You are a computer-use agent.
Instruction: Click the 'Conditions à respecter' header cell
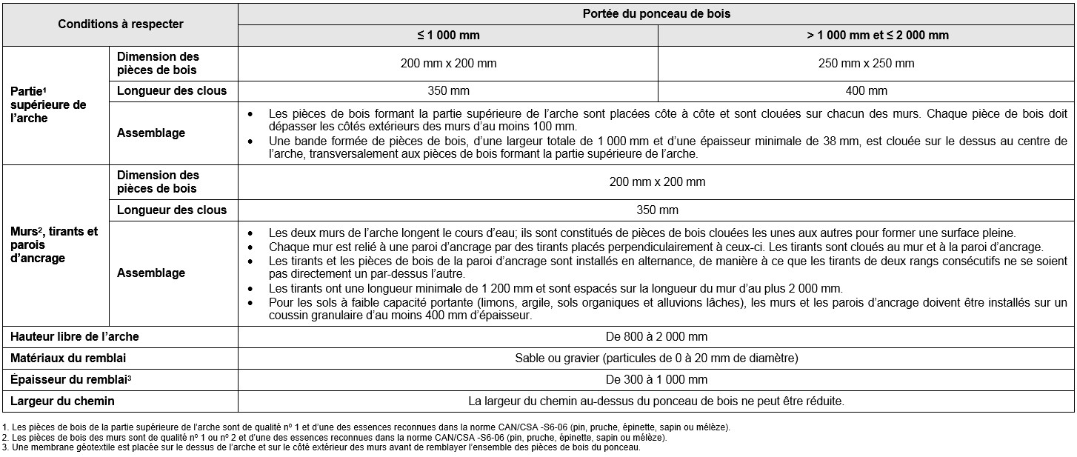(x=120, y=24)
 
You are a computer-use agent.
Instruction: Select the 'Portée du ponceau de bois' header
(x=656, y=14)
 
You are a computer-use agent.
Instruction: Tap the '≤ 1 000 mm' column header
(x=448, y=35)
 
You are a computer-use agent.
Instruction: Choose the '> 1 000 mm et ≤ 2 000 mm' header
(x=867, y=35)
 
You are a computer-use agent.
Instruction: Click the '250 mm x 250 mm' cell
(x=867, y=63)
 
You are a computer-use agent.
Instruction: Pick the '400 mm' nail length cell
(x=867, y=91)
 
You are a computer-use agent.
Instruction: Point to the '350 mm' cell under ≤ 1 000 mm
(x=448, y=91)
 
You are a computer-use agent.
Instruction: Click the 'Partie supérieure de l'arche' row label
(x=48, y=104)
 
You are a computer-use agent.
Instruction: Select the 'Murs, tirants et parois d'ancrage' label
(x=53, y=244)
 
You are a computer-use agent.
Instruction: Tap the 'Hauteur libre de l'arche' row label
(x=75, y=336)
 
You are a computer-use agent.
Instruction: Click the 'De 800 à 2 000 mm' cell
(x=656, y=336)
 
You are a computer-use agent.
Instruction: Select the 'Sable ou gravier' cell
(x=656, y=358)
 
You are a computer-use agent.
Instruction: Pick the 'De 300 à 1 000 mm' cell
(x=656, y=380)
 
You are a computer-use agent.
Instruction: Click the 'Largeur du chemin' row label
(x=62, y=401)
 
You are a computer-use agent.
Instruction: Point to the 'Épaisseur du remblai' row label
(x=72, y=380)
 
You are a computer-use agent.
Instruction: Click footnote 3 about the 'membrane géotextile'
(x=321, y=447)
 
